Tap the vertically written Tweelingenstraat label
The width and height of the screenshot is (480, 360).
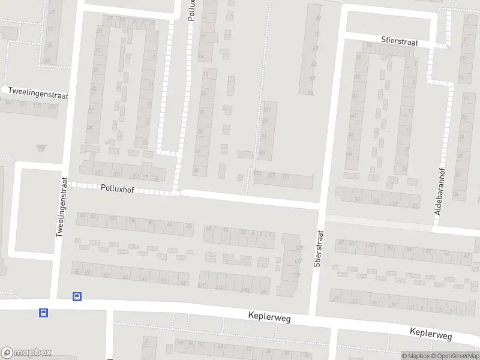(x=60, y=207)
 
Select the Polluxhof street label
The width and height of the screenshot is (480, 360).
(x=117, y=188)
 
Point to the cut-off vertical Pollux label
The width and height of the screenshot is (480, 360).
(x=191, y=11)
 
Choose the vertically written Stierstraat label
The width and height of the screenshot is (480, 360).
(x=318, y=248)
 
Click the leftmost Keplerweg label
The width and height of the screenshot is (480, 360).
(x=269, y=317)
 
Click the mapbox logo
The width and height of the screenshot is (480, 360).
(x=26, y=352)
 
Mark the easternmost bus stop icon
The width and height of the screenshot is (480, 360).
(x=77, y=296)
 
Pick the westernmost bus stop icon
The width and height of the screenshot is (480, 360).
(x=43, y=313)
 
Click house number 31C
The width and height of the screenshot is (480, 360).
(x=202, y=286)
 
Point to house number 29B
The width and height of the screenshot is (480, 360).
(x=245, y=290)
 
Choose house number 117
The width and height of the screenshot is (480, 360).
(x=286, y=176)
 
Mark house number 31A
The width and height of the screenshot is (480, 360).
(x=220, y=288)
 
